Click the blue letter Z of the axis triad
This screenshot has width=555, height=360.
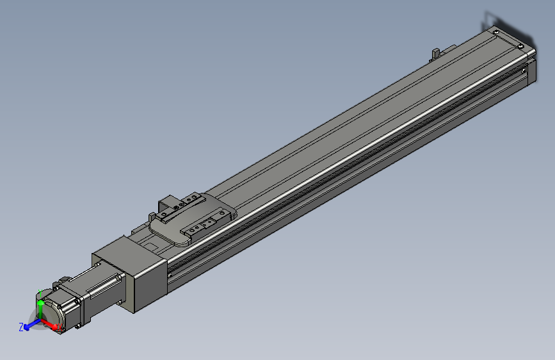(x=21, y=327)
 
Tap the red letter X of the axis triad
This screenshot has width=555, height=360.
(x=60, y=328)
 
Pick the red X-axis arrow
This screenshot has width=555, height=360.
(x=51, y=325)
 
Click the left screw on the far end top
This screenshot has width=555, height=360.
(x=495, y=32)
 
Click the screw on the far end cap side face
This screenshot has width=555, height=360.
(x=526, y=65)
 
